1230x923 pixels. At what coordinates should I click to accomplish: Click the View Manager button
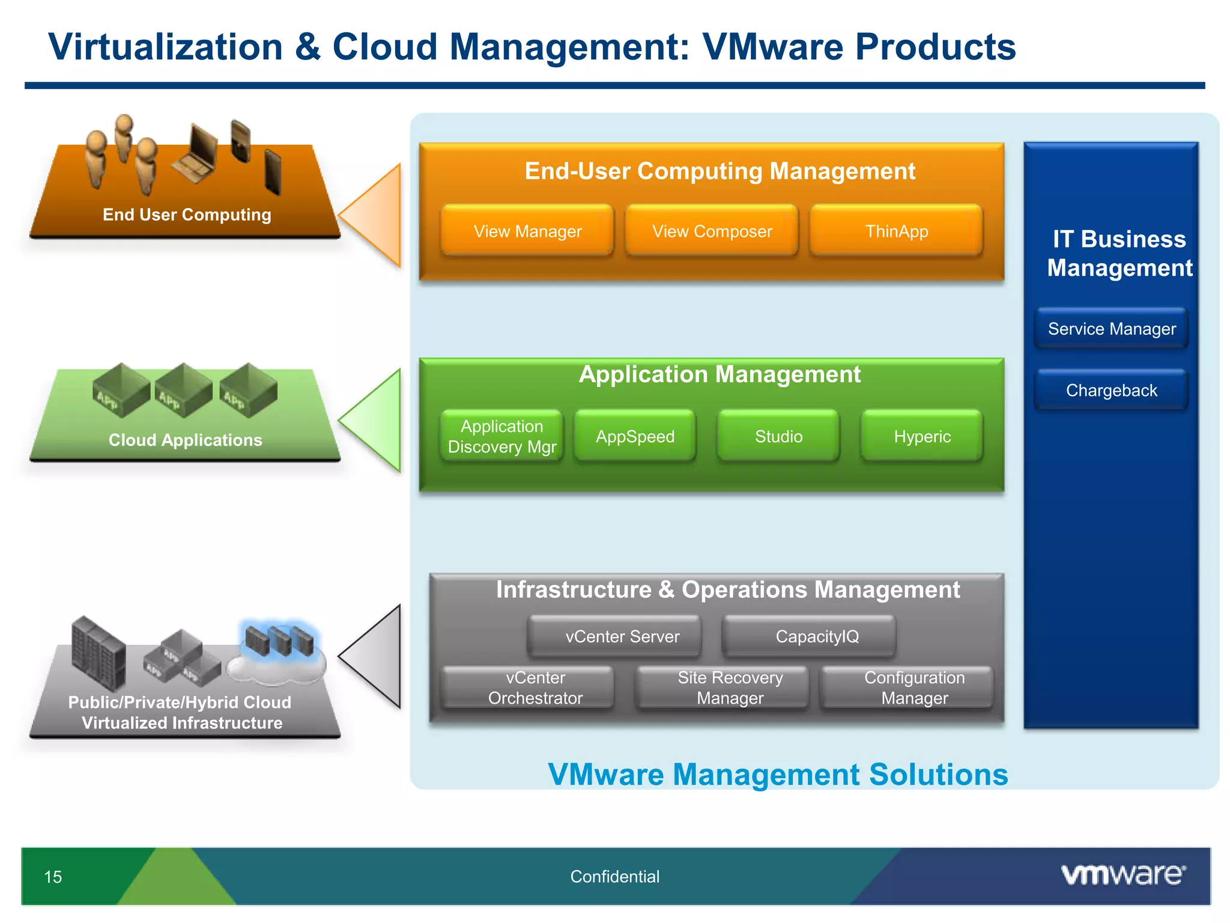click(x=527, y=231)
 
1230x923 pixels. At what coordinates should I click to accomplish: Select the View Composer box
click(x=712, y=231)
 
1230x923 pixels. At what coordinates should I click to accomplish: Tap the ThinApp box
click(x=896, y=231)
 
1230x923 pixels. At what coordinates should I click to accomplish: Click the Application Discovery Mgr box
click(x=502, y=436)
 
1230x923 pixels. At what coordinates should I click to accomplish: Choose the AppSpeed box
click(x=635, y=436)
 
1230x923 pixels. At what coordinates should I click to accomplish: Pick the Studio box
click(x=778, y=436)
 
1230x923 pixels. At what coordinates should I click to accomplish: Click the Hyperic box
click(x=922, y=436)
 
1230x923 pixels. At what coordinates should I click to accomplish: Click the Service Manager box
click(x=1112, y=329)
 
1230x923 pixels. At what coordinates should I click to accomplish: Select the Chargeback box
click(x=1112, y=391)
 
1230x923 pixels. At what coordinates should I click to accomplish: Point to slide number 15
click(x=53, y=877)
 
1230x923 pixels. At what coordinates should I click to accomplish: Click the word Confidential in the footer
click(x=614, y=877)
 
